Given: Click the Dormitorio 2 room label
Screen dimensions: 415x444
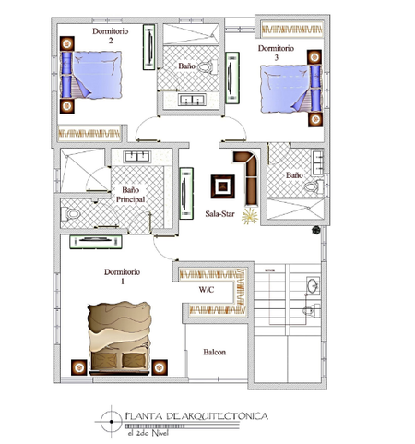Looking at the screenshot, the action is tap(111, 36).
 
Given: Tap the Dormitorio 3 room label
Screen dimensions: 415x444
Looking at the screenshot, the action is tap(276, 53).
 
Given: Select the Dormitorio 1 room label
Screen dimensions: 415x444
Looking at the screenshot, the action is tap(122, 276).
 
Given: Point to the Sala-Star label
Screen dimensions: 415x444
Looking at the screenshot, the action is tap(219, 214).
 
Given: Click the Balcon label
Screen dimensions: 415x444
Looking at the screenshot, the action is tap(215, 352).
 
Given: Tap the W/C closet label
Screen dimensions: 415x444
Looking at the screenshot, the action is tap(207, 290).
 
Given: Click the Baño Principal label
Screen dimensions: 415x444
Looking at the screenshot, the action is tap(130, 195).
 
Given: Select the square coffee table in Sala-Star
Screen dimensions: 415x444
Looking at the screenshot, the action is tap(223, 186).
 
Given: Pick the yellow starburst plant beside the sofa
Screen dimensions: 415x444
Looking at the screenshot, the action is tap(250, 216).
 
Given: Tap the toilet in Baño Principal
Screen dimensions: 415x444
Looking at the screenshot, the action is tap(70, 214).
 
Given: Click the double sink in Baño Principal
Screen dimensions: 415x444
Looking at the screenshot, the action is tap(137, 157).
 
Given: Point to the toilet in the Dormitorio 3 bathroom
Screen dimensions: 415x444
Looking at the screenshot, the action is tap(314, 186).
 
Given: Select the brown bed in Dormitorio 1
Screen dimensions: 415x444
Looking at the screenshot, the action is tap(119, 338).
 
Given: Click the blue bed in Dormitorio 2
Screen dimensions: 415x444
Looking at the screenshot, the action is tap(91, 75).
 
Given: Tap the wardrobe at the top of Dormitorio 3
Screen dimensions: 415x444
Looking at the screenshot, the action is tap(291, 30).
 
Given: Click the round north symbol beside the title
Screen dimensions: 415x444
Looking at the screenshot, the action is tap(112, 422).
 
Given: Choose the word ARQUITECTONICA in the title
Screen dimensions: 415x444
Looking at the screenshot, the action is tap(225, 416).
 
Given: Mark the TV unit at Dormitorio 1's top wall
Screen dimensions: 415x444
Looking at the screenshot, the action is tap(96, 242).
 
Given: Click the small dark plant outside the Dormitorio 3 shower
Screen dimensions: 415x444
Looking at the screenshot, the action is tap(316, 230).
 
